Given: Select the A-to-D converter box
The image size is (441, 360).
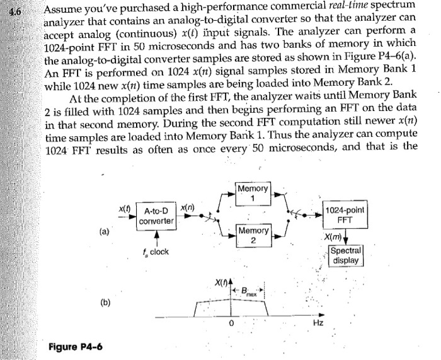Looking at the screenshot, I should click(159, 216).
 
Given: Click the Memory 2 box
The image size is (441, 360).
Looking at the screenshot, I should click(253, 236).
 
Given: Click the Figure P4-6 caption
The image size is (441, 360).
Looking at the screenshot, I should click(76, 347).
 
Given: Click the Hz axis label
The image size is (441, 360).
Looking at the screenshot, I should click(319, 323).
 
